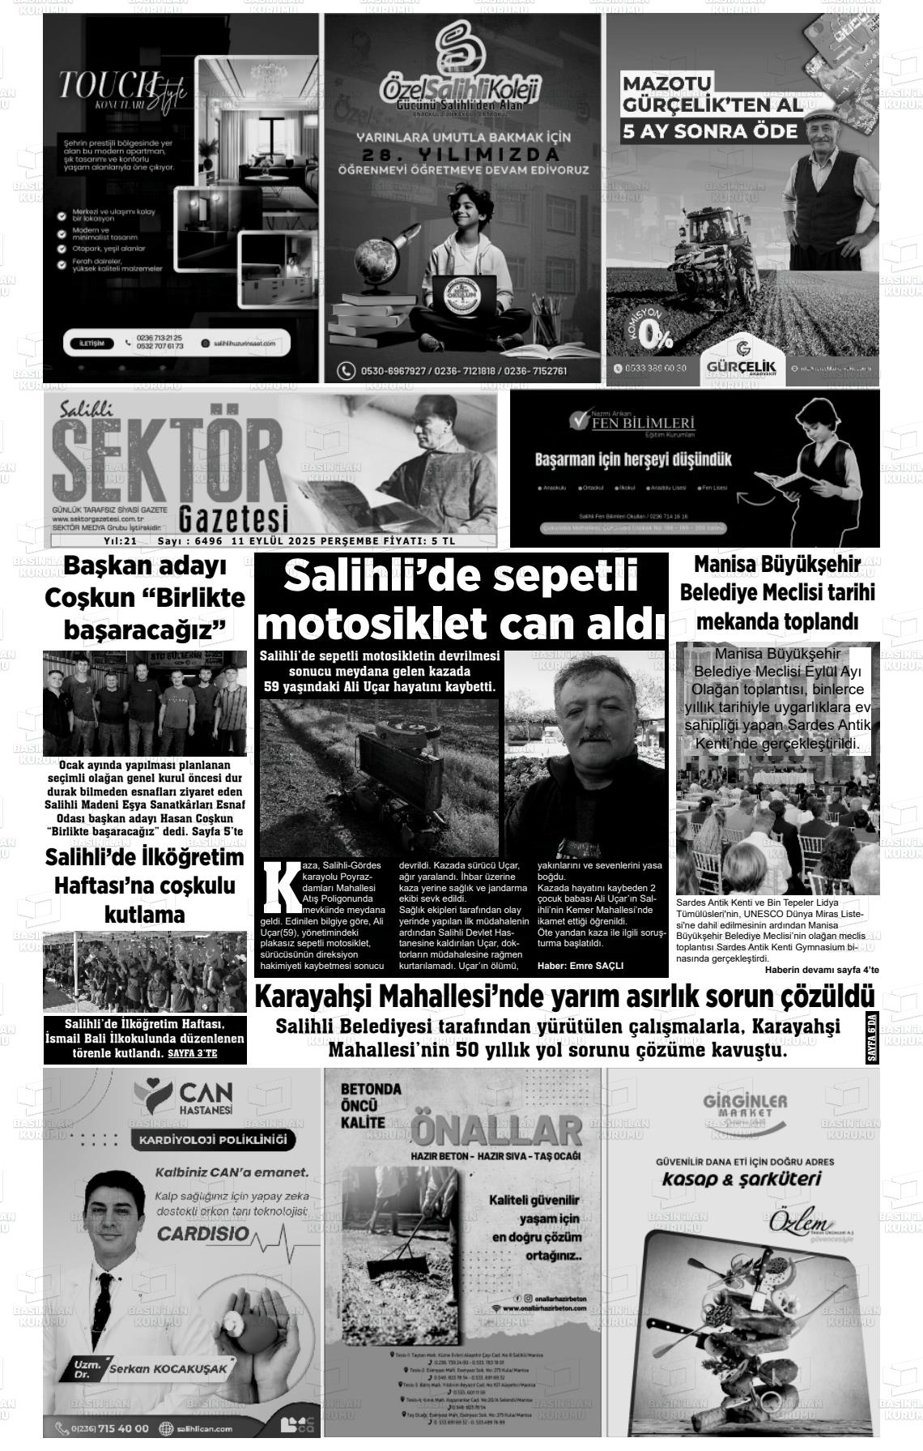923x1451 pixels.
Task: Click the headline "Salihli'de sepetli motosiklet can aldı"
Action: click(461, 601)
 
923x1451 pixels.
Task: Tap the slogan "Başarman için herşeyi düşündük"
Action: click(633, 460)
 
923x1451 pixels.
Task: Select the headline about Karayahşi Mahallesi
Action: click(564, 996)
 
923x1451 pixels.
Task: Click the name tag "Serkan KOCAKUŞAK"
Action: click(171, 1368)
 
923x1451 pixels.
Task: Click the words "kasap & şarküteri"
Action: click(741, 1179)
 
